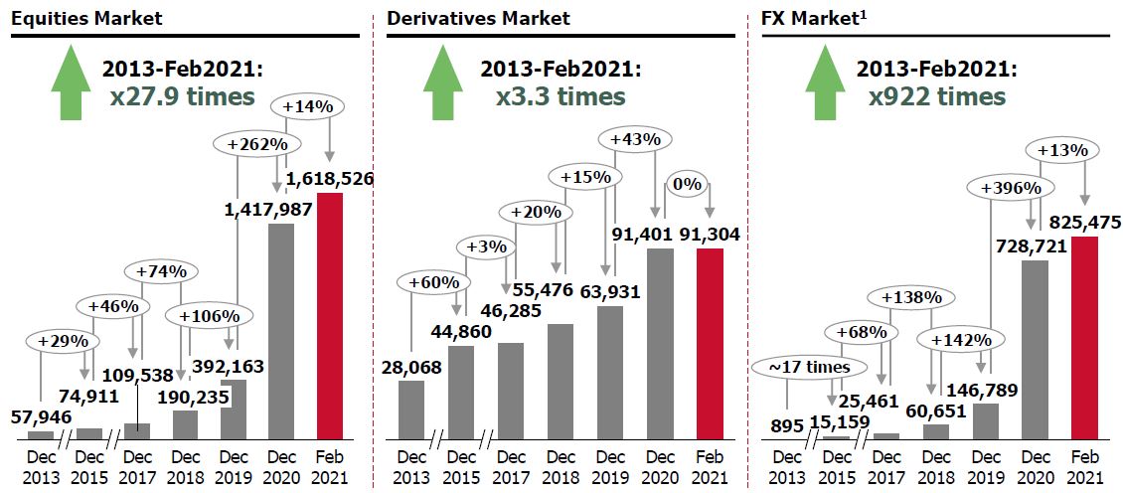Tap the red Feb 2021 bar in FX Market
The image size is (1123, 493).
[1084, 337]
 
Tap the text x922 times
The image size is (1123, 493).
[936, 96]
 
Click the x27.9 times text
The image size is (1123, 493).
[183, 96]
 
